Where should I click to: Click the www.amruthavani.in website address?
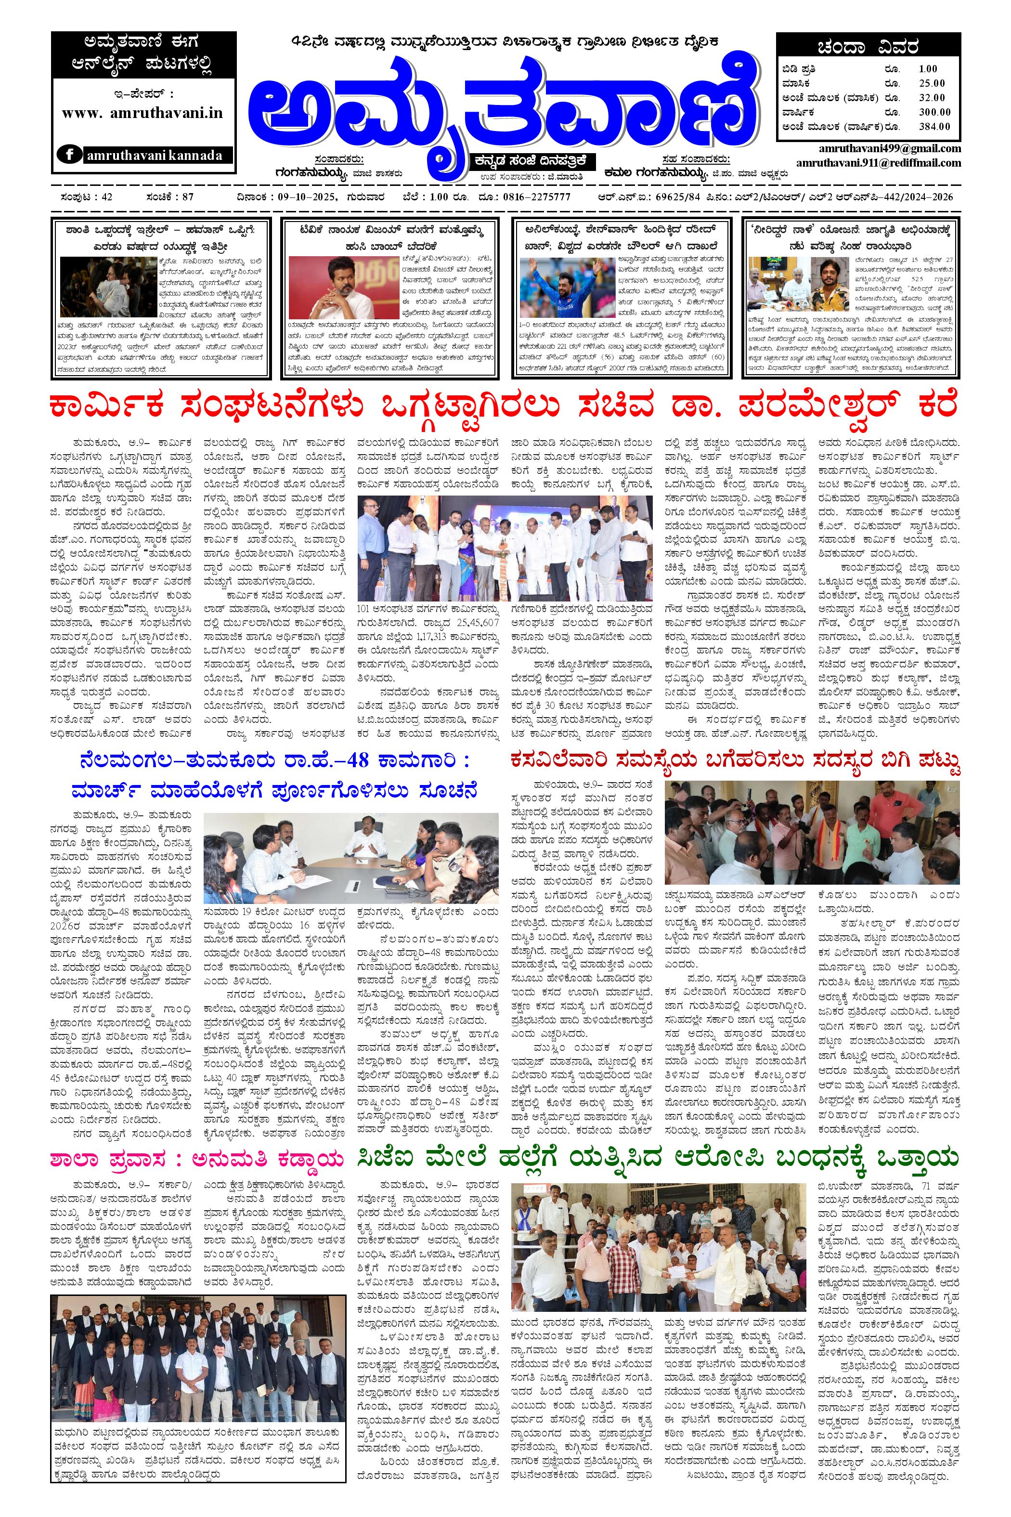143,113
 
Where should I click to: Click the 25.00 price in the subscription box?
932,83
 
